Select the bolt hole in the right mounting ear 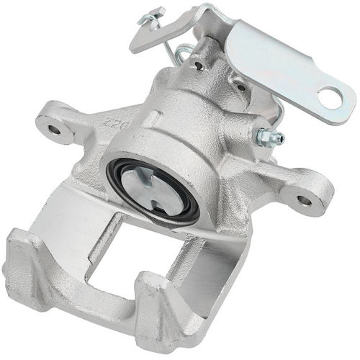tap(305, 200)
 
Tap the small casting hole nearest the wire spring tap(196, 66)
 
